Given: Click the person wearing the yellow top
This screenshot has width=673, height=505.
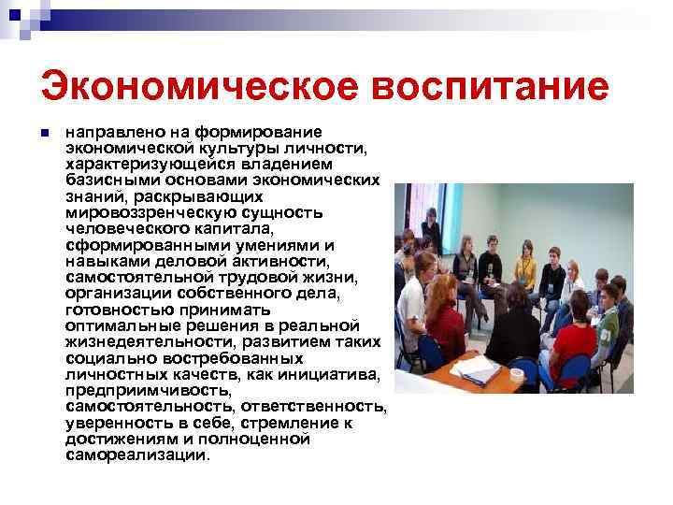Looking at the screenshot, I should pos(525,266).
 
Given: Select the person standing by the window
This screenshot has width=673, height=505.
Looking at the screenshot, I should pos(431,229).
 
